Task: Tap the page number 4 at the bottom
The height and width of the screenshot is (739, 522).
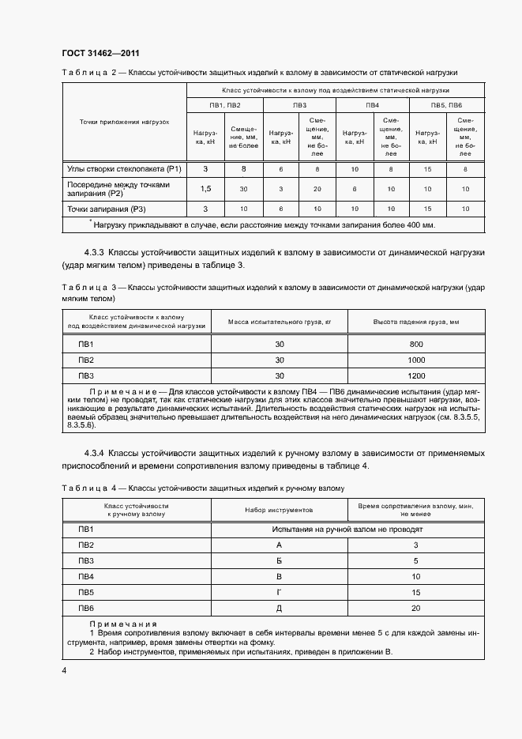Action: (65, 670)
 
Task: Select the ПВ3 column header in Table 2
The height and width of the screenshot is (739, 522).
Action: (299, 105)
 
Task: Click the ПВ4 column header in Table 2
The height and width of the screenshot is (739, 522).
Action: (372, 105)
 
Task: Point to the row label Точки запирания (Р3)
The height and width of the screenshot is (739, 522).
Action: (107, 209)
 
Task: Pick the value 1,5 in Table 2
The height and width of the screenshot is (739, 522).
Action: (205, 189)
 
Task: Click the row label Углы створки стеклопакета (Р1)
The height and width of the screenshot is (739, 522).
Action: (123, 169)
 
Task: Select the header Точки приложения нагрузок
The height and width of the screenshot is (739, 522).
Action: (124, 123)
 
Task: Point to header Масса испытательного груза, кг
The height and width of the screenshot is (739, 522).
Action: (279, 322)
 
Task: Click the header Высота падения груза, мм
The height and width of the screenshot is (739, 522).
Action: (417, 322)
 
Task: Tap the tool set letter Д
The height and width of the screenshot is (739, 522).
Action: (279, 608)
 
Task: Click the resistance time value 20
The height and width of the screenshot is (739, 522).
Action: (416, 608)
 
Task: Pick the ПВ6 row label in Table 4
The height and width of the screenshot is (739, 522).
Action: (86, 608)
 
